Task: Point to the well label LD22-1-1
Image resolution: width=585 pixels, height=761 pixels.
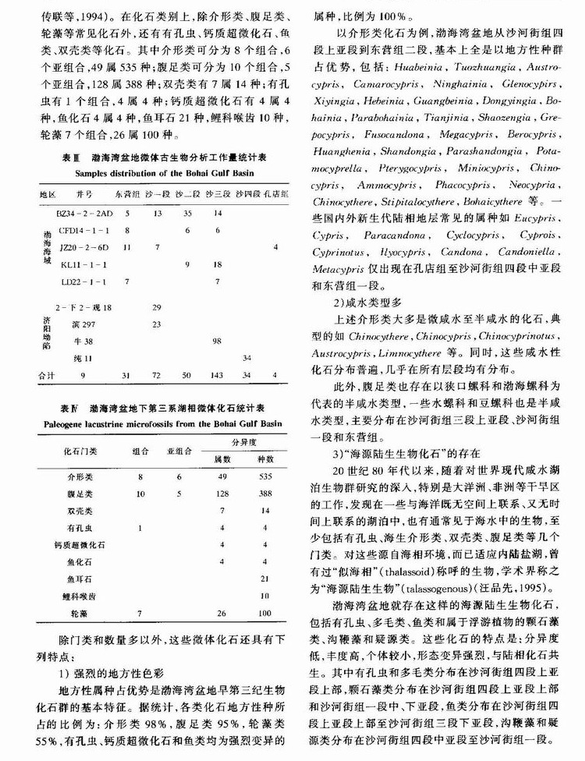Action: [73, 281]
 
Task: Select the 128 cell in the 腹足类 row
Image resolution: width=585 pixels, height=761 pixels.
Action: [221, 494]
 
